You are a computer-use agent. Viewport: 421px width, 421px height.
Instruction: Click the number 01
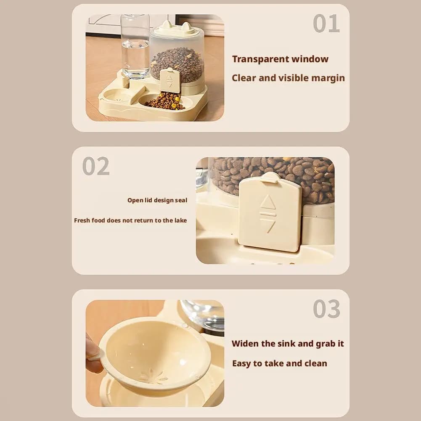(x=326, y=24)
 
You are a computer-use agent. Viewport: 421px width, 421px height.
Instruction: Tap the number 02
(x=96, y=166)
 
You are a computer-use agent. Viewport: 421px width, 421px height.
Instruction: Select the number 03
(x=326, y=310)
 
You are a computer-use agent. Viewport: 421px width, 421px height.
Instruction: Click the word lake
(x=180, y=220)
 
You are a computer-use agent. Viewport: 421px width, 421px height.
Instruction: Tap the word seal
(x=181, y=200)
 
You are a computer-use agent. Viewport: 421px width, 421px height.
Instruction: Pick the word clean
(x=315, y=363)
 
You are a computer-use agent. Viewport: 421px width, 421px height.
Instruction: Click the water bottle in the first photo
(x=135, y=46)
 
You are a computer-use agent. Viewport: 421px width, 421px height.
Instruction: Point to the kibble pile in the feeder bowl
(x=166, y=101)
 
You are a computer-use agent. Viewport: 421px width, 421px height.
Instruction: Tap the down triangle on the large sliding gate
(x=268, y=225)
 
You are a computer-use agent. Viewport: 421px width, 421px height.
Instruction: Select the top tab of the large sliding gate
(x=270, y=177)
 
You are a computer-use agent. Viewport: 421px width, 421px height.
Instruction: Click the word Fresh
(x=82, y=220)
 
